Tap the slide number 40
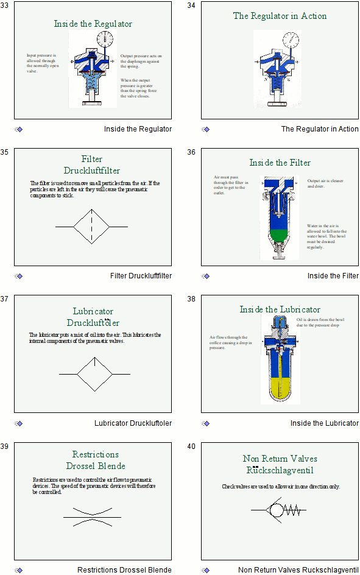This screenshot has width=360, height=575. pos(191,446)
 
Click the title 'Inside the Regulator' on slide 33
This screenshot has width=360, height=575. pos(93,24)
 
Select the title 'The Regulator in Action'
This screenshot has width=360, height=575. pos(280,16)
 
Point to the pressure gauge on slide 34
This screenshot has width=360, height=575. pos(291,40)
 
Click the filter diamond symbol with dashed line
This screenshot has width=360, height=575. pos(91,227)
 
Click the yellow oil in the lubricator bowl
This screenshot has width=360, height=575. pos(280,381)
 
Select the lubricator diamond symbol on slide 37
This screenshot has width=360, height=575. pos(94,373)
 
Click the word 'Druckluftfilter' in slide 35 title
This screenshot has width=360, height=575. pos(92,171)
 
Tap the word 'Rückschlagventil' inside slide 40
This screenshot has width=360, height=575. pos(280,470)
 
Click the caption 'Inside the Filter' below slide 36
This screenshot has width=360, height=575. pos(333,276)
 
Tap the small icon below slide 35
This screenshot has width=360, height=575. pos(18,276)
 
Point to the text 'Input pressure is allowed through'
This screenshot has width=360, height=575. pos(42,58)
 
